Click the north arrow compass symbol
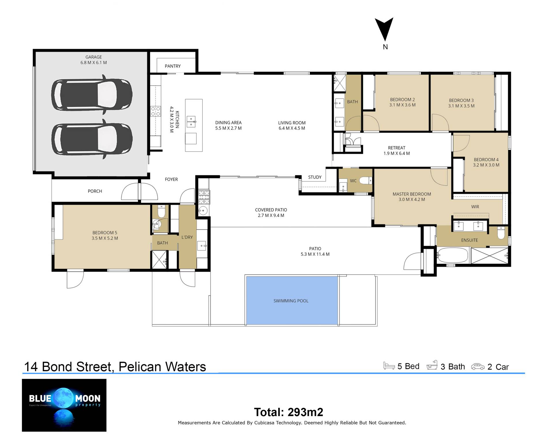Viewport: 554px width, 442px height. tap(384, 33)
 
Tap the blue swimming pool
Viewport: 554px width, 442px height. tap(292, 301)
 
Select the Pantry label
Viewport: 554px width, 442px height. tap(173, 66)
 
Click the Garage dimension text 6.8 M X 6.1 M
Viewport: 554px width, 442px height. tap(93, 63)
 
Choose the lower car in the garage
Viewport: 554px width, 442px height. tap(92, 139)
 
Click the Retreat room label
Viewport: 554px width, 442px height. tap(396, 148)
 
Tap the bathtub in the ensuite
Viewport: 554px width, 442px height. tap(453, 255)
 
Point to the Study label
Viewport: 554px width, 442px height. tap(315, 177)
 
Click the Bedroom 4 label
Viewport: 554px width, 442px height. tap(486, 160)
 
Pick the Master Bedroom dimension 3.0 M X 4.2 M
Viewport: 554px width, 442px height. tap(411, 199)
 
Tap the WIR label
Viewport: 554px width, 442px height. tap(475, 207)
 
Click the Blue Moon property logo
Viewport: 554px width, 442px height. tap(64, 405)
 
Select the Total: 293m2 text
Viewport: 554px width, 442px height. tap(289, 412)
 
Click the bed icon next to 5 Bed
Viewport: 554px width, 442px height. tap(389, 366)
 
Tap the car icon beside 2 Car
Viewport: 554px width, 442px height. tap(478, 367)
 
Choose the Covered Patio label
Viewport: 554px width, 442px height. tap(271, 210)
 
